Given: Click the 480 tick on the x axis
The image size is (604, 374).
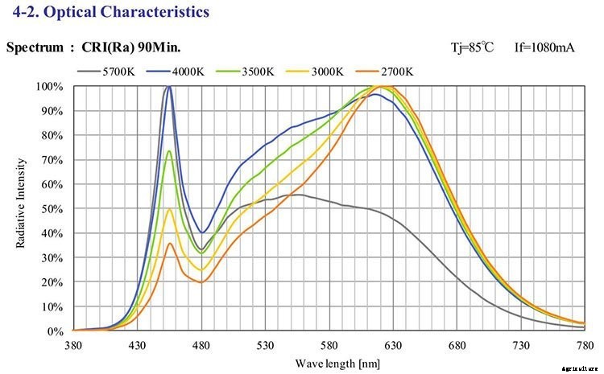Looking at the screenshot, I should click(x=201, y=346).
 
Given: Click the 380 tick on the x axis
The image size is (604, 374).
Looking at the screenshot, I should click(x=73, y=346).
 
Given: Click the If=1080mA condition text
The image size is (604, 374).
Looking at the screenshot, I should click(x=544, y=47).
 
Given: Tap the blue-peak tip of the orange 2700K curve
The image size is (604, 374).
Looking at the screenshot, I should click(x=169, y=244).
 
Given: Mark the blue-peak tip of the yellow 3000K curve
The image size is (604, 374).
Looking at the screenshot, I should click(x=169, y=209).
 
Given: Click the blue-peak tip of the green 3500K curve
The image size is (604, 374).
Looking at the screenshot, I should click(x=169, y=150).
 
